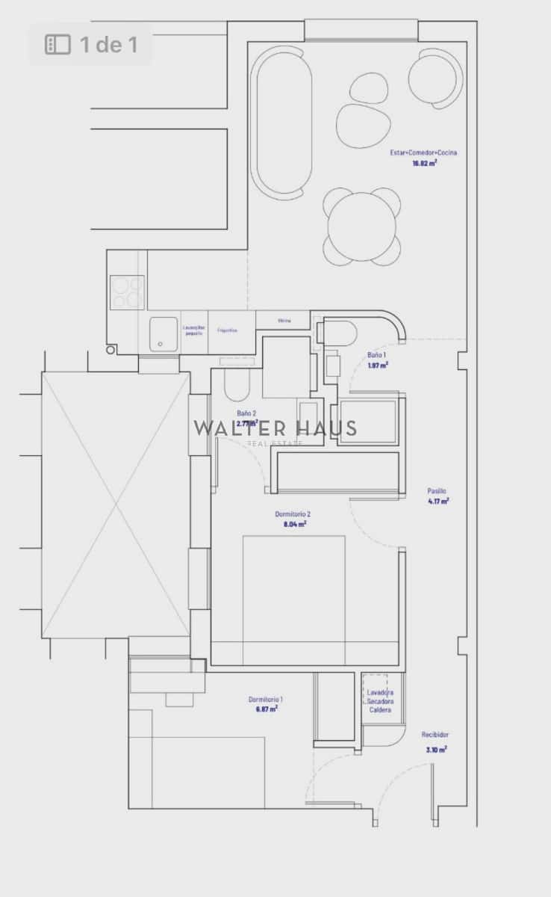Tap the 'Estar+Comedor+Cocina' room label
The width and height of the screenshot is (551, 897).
[x=423, y=152]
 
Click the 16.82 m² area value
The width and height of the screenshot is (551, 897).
[x=423, y=162]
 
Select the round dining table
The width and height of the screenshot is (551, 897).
[x=363, y=226]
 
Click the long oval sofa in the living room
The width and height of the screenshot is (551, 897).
[x=281, y=123]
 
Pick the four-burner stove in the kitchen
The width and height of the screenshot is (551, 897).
[x=127, y=292]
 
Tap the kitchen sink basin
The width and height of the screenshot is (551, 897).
[x=163, y=333]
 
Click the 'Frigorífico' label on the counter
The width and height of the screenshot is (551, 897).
[x=228, y=330]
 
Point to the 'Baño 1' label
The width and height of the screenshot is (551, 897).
[x=377, y=355]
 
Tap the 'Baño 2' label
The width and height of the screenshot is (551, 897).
[x=247, y=413]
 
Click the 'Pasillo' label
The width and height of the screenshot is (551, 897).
[x=438, y=491]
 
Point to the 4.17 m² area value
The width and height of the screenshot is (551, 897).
[x=438, y=502]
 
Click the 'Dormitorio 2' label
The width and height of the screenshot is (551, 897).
[x=293, y=514]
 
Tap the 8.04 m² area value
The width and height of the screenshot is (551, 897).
[x=295, y=524]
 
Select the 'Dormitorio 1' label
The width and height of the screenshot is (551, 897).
[x=266, y=700]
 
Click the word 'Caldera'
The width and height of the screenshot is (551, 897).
[x=380, y=710]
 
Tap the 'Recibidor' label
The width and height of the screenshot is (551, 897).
[x=435, y=735]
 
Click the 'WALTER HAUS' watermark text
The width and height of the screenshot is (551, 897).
[x=275, y=428]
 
